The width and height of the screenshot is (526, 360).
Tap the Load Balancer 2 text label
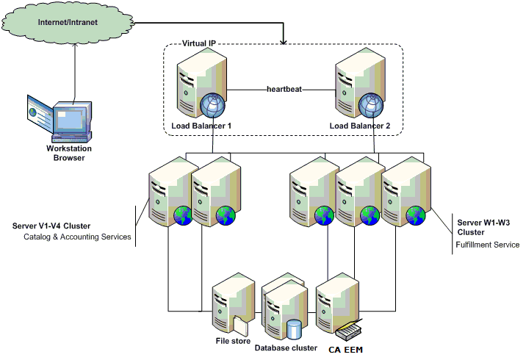pos(359,126)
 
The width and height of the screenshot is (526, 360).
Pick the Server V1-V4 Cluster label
pos(54,226)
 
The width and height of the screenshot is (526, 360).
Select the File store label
pos(233,341)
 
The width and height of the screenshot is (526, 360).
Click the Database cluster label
pos(286,348)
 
